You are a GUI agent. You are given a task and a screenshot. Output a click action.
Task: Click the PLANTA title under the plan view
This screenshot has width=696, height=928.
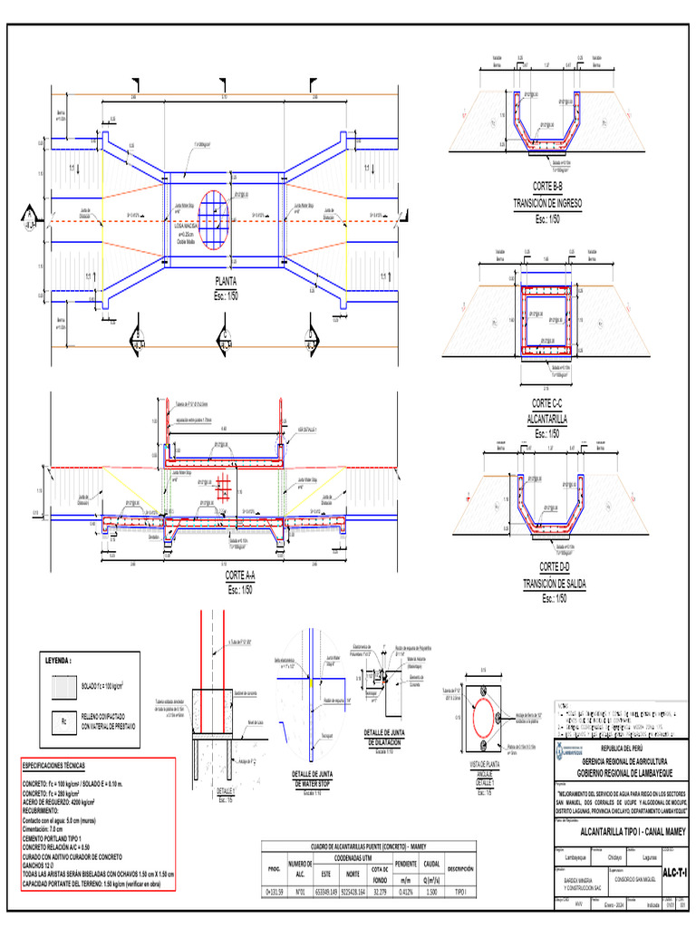[225, 281]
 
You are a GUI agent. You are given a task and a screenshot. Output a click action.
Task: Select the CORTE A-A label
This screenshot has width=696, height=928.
[240, 576]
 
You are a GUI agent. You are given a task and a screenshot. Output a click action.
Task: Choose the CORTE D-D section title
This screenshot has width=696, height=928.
[546, 565]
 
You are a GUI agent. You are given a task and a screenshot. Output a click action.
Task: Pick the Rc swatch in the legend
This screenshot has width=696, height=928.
[63, 722]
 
